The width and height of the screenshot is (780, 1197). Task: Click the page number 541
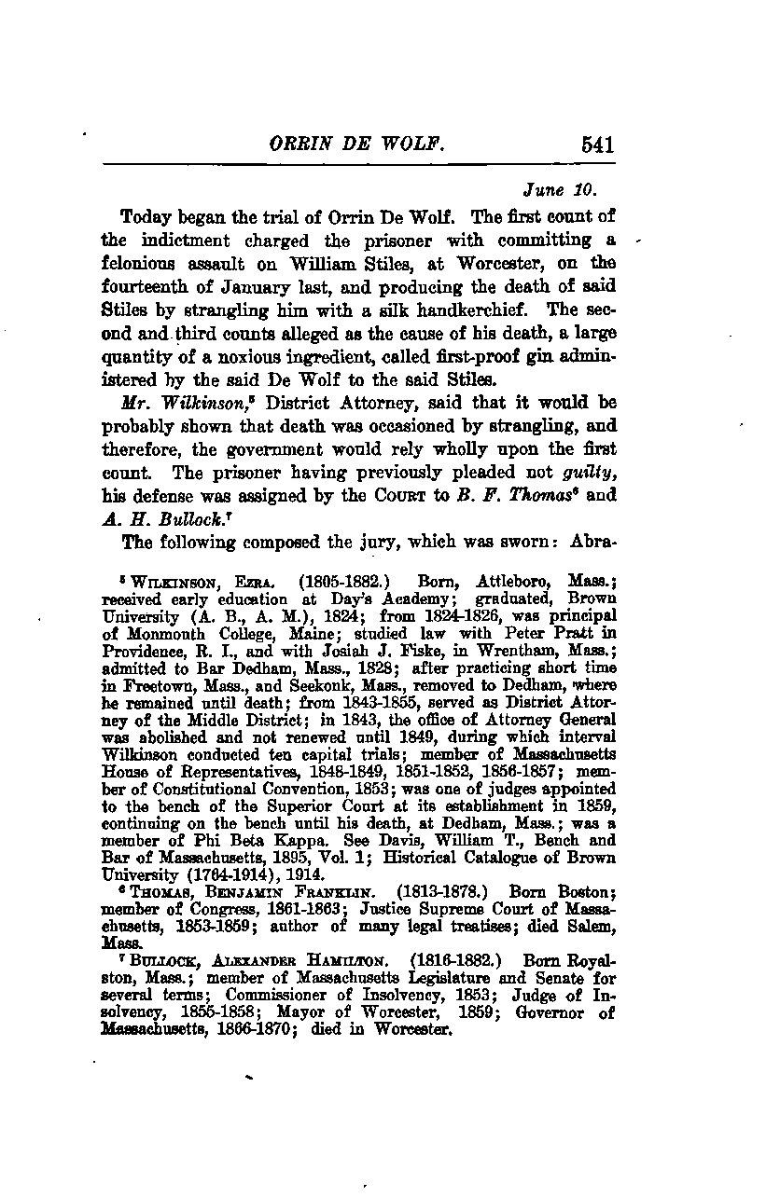coord(596,144)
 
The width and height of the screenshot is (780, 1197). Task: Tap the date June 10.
coord(559,191)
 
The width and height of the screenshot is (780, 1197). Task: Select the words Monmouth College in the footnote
coord(182,630)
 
